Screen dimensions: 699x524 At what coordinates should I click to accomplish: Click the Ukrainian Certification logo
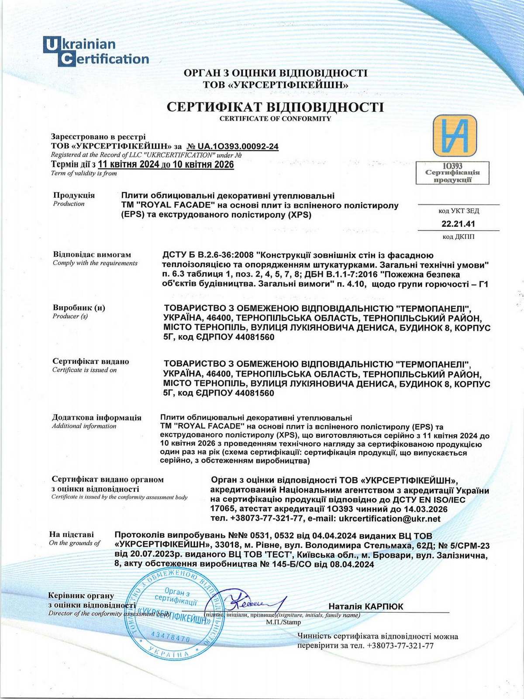96,52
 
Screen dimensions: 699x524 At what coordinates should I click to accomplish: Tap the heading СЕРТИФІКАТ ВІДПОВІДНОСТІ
275,107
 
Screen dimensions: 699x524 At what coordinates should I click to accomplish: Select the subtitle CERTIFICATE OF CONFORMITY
275,119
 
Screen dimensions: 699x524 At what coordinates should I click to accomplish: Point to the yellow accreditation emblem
454,136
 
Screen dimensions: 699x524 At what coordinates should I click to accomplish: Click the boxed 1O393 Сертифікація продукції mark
452,173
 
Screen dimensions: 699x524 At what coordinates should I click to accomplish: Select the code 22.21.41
458,224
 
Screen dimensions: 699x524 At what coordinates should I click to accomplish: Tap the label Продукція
74,195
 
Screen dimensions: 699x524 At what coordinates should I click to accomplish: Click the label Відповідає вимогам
92,254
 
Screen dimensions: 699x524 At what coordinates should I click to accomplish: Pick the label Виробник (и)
79,308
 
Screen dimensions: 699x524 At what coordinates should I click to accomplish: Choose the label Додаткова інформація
97,418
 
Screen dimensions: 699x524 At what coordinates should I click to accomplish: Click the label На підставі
71,534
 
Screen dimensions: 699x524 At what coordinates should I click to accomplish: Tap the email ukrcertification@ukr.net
390,519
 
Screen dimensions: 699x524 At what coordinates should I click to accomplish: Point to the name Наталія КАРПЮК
365,606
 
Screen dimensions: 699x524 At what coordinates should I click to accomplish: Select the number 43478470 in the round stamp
170,636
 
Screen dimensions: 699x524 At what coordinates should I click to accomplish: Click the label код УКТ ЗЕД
458,211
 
